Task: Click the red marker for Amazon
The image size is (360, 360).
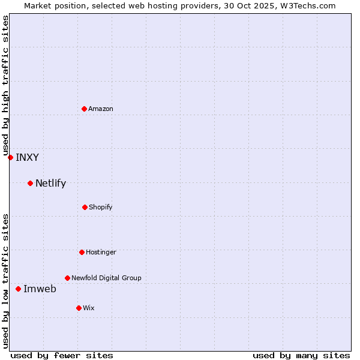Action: tap(84, 109)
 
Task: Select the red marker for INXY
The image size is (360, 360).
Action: tap(10, 157)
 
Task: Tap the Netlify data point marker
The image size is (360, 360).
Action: tap(30, 183)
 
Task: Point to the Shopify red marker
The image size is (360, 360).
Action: tap(85, 207)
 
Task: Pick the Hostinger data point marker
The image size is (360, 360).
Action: tap(82, 252)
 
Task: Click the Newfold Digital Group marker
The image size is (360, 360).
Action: tap(67, 278)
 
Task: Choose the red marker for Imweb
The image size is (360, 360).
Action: tap(18, 289)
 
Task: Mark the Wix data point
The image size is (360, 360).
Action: tap(79, 308)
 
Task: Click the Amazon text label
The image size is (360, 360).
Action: tap(101, 109)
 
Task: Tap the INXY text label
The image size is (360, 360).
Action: tap(27, 158)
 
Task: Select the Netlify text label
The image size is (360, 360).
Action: tap(50, 184)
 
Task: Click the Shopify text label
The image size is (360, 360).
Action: tap(101, 207)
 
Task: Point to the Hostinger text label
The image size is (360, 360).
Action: tap(101, 252)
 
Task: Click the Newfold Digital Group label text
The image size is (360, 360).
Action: tap(106, 278)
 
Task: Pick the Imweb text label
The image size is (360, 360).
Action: tap(40, 289)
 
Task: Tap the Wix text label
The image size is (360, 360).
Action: tap(89, 308)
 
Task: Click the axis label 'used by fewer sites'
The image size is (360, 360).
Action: tap(62, 355)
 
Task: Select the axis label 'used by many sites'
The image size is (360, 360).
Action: tap(301, 355)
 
